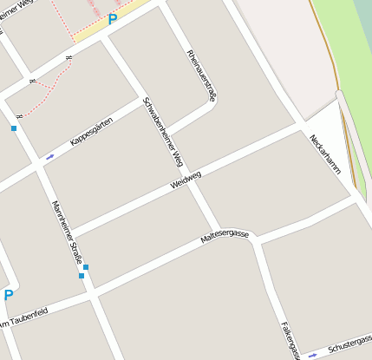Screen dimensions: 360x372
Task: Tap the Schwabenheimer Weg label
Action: (x=163, y=131)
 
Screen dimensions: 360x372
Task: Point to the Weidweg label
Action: (x=186, y=180)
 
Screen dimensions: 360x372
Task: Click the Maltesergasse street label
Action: (x=225, y=235)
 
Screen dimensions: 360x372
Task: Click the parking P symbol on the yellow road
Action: (x=112, y=19)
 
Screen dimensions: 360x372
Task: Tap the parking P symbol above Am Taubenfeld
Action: (x=9, y=295)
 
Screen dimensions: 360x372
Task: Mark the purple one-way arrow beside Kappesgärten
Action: (x=49, y=157)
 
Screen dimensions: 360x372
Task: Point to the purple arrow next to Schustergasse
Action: (x=313, y=355)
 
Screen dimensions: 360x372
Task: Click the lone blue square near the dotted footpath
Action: (x=14, y=128)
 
